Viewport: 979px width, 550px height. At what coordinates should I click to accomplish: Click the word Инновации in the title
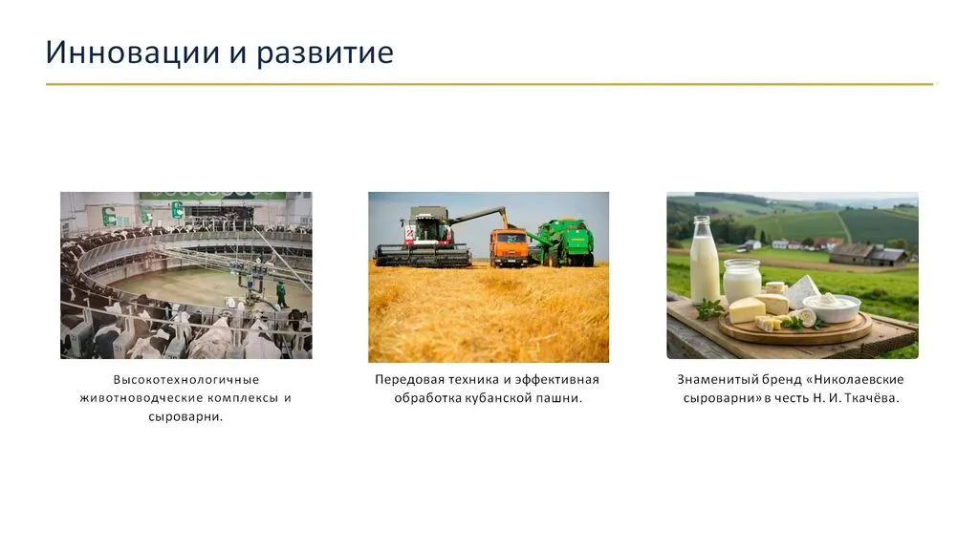[133, 52]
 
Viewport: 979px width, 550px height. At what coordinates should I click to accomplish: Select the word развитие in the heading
[325, 53]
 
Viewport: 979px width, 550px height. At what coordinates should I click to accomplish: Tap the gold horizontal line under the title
[489, 84]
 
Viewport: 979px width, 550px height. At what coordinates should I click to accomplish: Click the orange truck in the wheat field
[509, 247]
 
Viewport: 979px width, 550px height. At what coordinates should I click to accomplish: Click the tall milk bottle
[705, 261]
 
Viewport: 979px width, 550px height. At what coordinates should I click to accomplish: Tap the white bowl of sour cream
[832, 307]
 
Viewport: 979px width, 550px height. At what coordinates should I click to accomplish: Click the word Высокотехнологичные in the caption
[186, 380]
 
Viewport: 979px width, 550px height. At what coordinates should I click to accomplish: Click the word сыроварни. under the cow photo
[185, 417]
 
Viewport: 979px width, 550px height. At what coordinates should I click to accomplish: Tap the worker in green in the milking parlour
[282, 294]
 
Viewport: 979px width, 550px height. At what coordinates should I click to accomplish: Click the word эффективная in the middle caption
[557, 380]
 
